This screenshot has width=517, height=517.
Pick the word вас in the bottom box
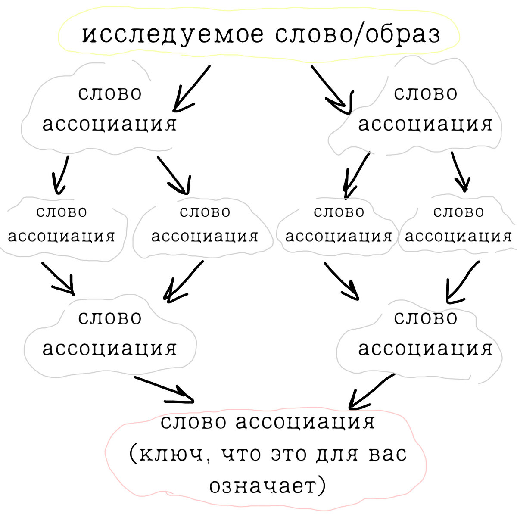coord(387,454)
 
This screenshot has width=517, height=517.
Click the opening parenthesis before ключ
coord(133,455)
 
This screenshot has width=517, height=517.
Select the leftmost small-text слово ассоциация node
coord(62,224)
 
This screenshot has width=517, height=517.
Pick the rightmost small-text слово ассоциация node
coord(458,224)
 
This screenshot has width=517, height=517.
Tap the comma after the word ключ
coord(208,460)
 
